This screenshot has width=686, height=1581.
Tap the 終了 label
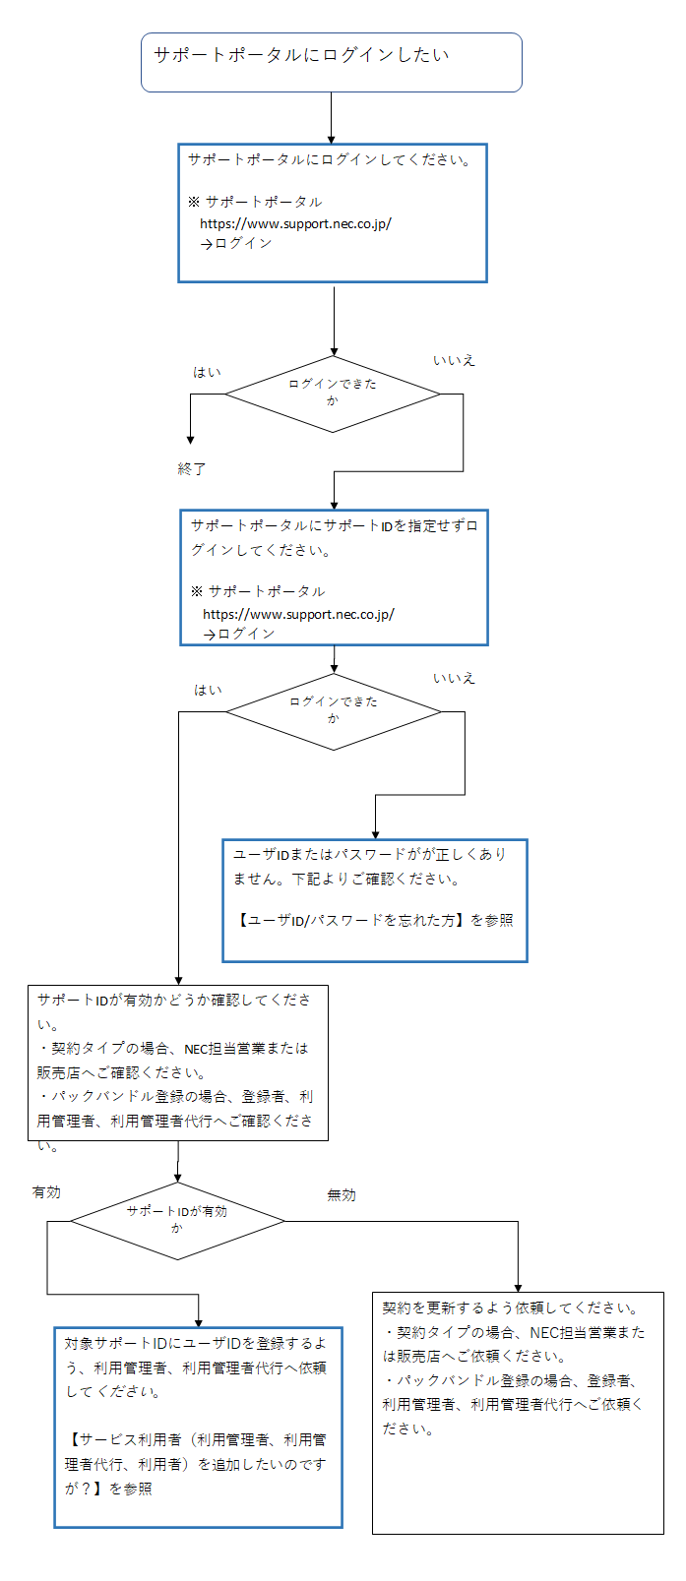click(x=191, y=468)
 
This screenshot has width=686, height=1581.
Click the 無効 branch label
click(x=342, y=1195)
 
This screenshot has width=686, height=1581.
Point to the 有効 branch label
click(x=46, y=1192)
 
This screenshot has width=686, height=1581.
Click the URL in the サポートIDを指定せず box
click(x=298, y=614)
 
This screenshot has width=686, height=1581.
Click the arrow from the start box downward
click(x=331, y=118)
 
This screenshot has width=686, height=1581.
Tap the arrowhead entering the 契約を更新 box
click(x=518, y=1288)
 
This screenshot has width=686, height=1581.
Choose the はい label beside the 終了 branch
click(x=208, y=372)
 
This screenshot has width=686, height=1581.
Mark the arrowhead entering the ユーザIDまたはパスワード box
click(x=375, y=834)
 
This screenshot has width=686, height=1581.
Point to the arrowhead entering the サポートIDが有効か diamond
click(x=178, y=1178)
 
